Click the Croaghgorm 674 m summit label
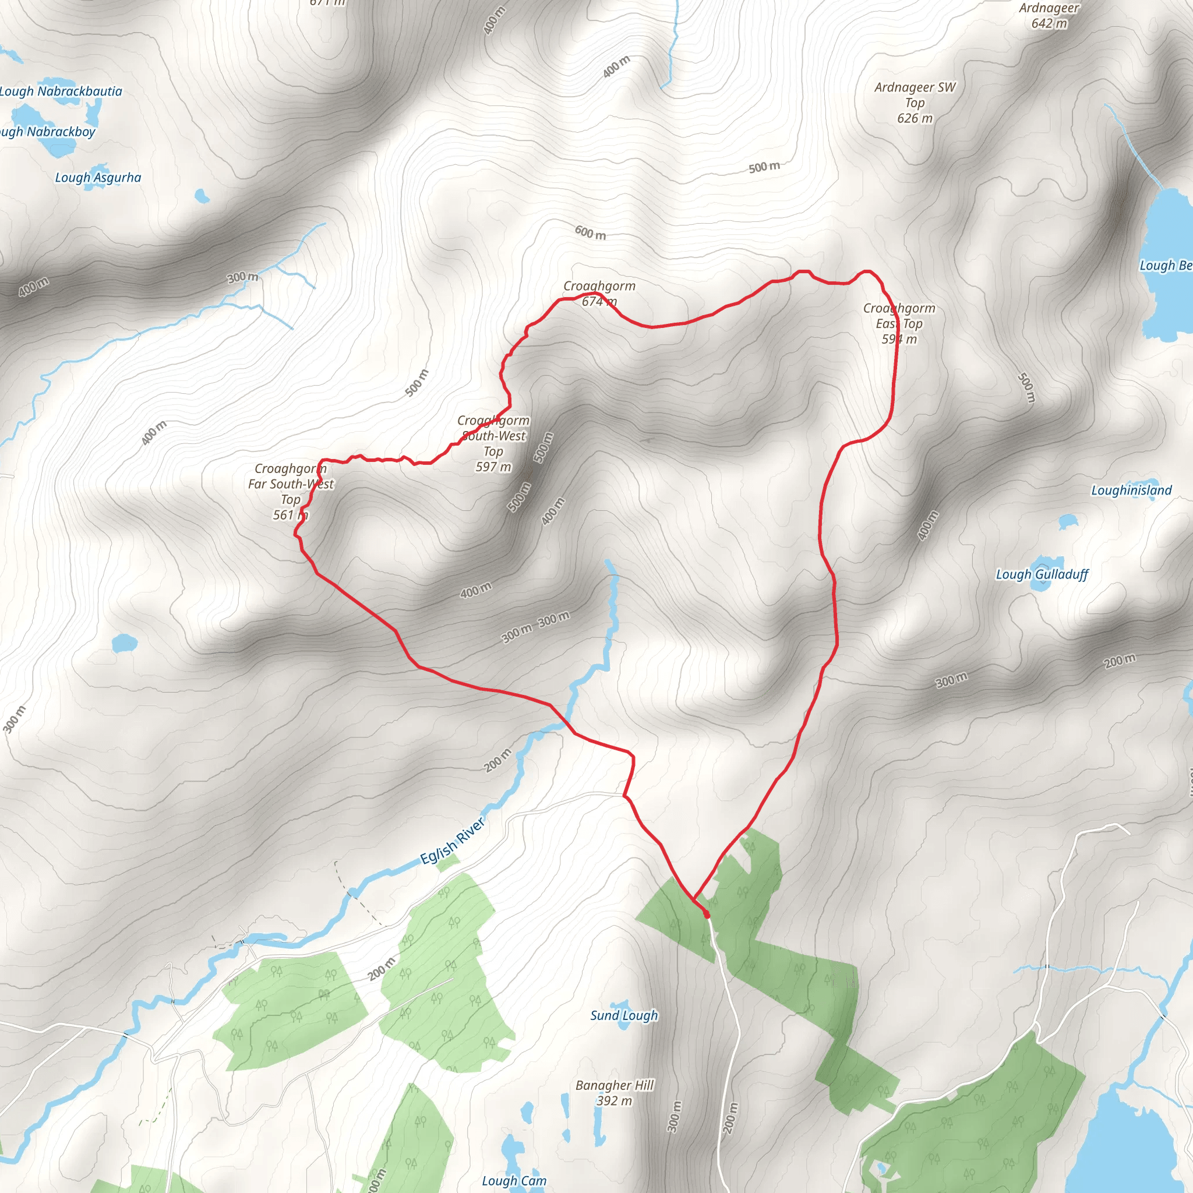599,294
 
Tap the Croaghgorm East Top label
899,323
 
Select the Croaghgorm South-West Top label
493,443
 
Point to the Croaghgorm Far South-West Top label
291,492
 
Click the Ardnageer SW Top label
915,103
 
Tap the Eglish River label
453,841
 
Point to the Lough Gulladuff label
1042,574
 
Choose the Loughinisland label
1131,490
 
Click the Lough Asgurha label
98,178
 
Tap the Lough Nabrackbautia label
61,91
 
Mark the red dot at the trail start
707,915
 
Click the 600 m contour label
590,233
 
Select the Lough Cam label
514,1181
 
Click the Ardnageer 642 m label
1049,16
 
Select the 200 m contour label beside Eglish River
497,761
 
